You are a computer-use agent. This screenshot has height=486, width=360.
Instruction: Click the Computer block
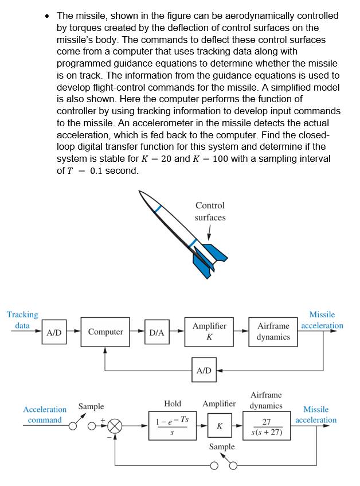105,332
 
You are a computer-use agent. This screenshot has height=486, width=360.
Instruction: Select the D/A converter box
156,332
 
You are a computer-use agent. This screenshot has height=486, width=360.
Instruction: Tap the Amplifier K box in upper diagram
209,331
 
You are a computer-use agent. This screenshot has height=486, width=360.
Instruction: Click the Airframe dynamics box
273,331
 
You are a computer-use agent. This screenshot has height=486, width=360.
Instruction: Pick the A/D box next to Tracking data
54,332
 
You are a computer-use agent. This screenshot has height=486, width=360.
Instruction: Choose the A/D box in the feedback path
204,370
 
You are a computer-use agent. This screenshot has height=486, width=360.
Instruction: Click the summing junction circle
115,426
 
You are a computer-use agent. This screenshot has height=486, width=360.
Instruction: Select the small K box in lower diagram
219,426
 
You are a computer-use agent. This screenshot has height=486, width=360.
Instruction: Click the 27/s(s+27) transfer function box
267,426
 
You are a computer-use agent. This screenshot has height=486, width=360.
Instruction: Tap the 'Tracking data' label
22,320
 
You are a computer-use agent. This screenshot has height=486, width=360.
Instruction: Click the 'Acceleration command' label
45,414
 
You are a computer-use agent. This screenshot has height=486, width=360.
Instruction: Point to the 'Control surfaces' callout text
210,211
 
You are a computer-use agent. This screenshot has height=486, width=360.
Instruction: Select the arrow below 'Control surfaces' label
209,232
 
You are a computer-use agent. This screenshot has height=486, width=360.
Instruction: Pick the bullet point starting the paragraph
48,16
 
